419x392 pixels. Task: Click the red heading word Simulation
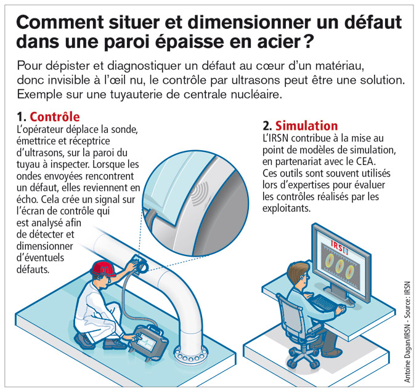point(306,126)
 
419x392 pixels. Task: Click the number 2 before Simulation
point(267,126)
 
